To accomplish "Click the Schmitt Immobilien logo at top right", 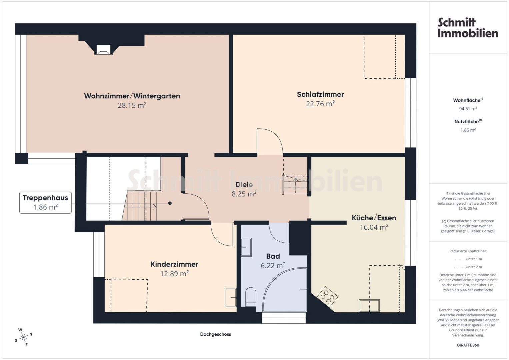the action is coord(468,28).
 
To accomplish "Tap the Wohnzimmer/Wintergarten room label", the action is coord(132,96).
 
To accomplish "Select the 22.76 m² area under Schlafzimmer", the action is coord(320,104).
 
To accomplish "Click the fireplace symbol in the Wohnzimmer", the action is coord(104,50).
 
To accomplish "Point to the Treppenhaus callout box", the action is coord(45,203).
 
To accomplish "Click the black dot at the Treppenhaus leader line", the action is coord(170,203).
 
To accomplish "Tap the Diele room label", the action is coord(244,185).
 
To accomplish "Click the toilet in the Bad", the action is coord(251,297).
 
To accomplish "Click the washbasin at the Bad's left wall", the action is coord(246,247).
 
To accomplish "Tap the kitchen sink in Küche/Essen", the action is coord(369,306).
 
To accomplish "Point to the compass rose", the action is coord(23,337).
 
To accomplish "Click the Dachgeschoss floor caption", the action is coord(215,334).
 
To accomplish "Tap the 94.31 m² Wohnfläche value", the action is coord(468,109).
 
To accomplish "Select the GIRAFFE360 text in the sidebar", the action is coord(468,345).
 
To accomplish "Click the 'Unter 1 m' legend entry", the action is coord(468,259).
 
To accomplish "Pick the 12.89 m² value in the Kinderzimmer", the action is coord(175,273).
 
